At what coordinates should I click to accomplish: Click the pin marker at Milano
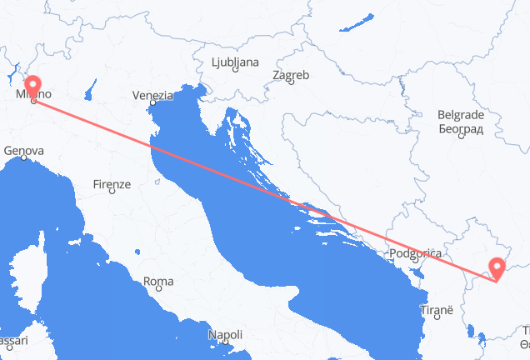pos(32,87)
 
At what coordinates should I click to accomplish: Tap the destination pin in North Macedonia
pos(497,267)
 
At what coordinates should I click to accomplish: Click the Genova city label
pos(23,151)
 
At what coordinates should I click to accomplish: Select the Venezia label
pos(152,96)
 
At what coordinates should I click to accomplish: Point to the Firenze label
pos(112,183)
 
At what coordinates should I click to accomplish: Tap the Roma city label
pos(158,282)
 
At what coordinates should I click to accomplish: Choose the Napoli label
pos(225,335)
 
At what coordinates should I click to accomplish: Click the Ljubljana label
pos(234,62)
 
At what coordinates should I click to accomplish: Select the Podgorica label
pos(413,252)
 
